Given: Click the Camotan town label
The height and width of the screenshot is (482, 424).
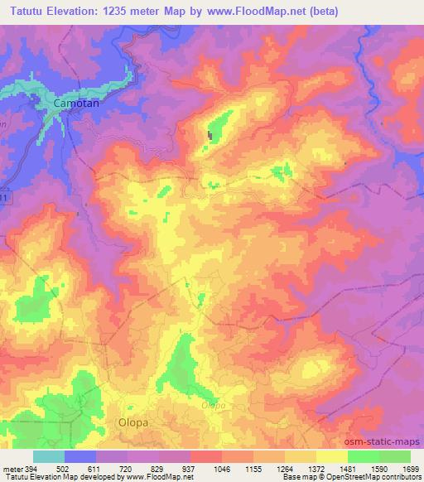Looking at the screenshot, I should [75, 103].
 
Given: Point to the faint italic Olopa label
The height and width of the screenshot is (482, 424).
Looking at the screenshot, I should [214, 406].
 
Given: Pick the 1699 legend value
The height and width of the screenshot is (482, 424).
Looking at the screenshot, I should [410, 468].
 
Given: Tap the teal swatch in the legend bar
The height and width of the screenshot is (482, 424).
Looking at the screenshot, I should [49, 456].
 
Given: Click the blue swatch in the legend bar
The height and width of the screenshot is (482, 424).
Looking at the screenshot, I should [80, 456].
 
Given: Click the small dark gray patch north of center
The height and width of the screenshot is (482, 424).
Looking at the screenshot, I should [210, 135].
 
